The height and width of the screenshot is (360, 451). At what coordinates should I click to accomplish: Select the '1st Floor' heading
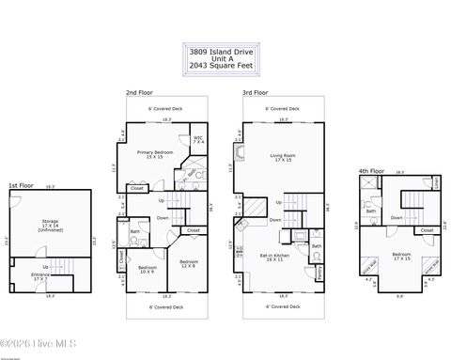click(x=23, y=185)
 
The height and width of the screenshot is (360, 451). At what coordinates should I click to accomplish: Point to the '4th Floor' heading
click(x=371, y=171)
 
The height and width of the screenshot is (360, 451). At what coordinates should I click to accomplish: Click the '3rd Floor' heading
click(x=256, y=93)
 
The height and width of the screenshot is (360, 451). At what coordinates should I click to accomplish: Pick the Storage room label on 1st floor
click(x=49, y=224)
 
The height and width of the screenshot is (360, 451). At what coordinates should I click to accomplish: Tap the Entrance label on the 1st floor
click(x=40, y=275)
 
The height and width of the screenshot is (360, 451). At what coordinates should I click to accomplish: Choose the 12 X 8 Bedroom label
click(x=189, y=263)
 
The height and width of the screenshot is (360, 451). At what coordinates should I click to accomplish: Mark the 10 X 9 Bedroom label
click(x=148, y=270)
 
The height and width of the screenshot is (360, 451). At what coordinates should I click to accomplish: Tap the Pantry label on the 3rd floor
click(x=319, y=272)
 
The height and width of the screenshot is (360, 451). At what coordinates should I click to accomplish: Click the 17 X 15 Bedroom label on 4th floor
click(x=402, y=256)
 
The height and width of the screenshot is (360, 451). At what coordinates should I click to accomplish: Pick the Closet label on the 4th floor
click(x=426, y=229)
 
